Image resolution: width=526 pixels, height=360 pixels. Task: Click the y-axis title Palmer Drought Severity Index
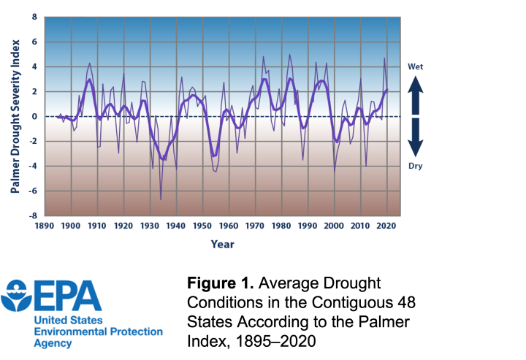pos(15,117)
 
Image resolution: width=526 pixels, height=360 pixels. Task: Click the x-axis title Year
pos(223,244)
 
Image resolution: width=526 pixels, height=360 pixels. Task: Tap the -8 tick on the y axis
pos(31,216)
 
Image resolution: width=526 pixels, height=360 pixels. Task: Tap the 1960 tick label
pos(229,226)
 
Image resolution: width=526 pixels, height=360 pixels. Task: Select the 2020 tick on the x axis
pos(386,226)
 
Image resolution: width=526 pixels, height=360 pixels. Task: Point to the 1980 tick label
pos(281,226)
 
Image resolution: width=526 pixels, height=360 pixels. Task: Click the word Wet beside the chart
pos(415,67)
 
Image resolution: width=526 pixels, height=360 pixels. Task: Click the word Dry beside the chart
pos(415,166)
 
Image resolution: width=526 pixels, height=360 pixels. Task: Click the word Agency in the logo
pos(53,342)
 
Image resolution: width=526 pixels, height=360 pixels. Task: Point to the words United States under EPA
pos(68,321)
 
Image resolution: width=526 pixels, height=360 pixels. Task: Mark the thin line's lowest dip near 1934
pos(161,199)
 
